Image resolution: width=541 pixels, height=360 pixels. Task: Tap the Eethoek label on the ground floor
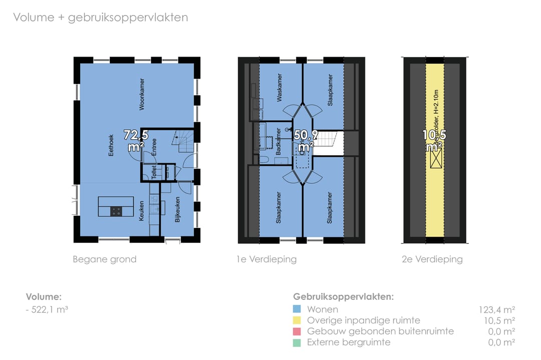tap(111, 145)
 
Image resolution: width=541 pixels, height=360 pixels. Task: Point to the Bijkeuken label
tap(177, 210)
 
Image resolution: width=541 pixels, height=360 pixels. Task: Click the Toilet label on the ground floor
tap(154, 173)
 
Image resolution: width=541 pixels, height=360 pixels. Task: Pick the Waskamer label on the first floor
tap(280, 88)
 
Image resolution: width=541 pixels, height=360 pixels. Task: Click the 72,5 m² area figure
tap(134, 141)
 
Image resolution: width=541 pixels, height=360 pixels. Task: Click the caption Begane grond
tap(105, 259)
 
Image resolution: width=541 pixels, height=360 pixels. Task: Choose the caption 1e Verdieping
tap(267, 259)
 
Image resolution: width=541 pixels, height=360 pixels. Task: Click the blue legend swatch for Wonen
tap(297, 309)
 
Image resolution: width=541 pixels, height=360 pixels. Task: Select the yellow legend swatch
tap(297, 320)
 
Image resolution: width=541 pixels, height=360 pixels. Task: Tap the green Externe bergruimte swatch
tap(297, 342)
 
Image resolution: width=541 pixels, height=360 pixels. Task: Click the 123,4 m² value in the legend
tap(497, 309)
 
